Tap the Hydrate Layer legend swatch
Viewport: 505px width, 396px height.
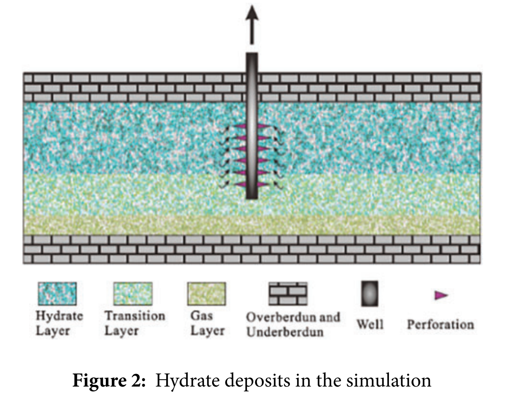pos(57,294)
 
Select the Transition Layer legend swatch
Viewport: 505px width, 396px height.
pos(133,294)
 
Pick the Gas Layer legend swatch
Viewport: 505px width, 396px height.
pos(206,294)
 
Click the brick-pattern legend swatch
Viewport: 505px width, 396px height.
pos(288,294)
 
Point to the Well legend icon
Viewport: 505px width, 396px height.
pos(370,293)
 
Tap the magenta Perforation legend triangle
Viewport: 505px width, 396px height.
pos(441,295)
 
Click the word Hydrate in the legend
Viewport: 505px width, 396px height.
pos(59,316)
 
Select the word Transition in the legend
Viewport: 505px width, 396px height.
pos(135,316)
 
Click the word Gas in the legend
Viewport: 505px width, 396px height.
pos(202,316)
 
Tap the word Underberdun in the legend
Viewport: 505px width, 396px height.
pos(285,332)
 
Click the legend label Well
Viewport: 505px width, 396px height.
pos(370,325)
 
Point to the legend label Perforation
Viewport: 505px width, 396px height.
pos(440,325)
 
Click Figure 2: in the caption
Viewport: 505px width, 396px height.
pos(109,380)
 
